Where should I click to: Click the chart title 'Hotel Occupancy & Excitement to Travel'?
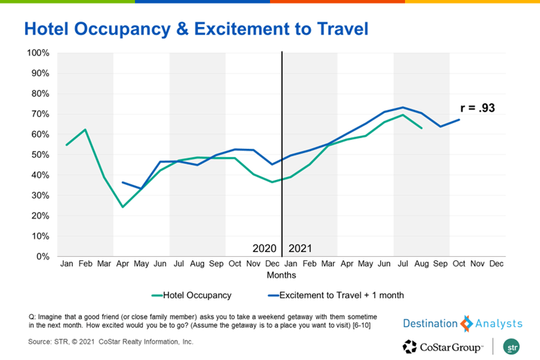pyautogui.click(x=195, y=28)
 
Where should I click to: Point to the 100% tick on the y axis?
pyautogui.click(x=38, y=53)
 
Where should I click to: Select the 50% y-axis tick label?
pyautogui.click(x=40, y=154)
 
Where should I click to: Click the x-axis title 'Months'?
pyautogui.click(x=281, y=274)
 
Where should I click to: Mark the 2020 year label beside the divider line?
pyautogui.click(x=265, y=248)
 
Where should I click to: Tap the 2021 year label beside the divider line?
pyautogui.click(x=300, y=248)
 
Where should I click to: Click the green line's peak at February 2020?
pyautogui.click(x=85, y=129)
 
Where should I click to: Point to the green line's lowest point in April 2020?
pyautogui.click(x=123, y=207)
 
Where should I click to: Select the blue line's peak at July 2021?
pyautogui.click(x=403, y=107)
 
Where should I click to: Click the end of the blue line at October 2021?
pyautogui.click(x=459, y=120)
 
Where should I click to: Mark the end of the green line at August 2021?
pyautogui.click(x=422, y=128)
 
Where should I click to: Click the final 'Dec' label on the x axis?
pyautogui.click(x=496, y=264)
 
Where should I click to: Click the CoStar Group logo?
pyautogui.click(x=443, y=345)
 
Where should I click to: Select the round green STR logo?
pyautogui.click(x=514, y=345)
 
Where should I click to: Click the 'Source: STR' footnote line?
pyautogui.click(x=111, y=341)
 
